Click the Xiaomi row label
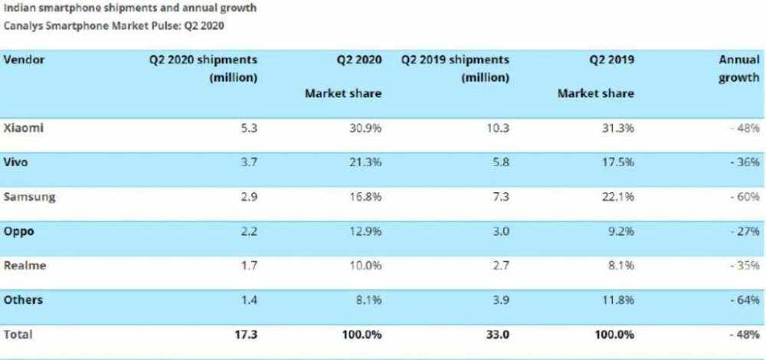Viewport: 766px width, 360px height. pos(22,128)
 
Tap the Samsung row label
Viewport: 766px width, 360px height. pos(29,197)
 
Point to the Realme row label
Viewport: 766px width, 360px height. pos(25,266)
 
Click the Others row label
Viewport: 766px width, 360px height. pos(24,300)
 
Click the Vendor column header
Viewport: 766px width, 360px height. pos(24,60)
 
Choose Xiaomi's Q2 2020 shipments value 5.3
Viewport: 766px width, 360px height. pos(248,128)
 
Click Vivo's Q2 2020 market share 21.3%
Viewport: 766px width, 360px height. pos(364,162)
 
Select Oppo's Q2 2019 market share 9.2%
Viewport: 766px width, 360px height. pos(619,231)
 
